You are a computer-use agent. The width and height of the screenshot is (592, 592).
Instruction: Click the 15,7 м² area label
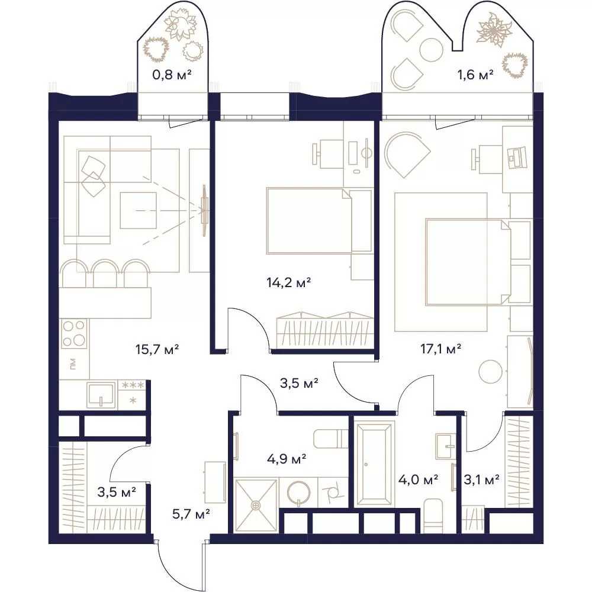coord(157,349)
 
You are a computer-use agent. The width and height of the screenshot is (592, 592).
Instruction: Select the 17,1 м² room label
coord(440,349)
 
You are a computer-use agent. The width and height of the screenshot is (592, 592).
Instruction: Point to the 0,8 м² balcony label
coord(172,75)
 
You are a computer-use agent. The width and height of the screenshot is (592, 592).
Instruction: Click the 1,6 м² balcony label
coord(475,75)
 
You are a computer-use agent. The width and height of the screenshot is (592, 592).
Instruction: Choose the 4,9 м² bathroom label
coord(286,459)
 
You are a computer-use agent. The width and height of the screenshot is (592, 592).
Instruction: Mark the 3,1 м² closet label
coord(481,480)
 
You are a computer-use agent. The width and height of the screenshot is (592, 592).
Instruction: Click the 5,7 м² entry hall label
coord(191,513)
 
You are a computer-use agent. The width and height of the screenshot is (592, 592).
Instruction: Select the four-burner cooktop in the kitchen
coord(74,334)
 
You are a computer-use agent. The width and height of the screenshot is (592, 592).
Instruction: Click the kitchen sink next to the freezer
coord(101,395)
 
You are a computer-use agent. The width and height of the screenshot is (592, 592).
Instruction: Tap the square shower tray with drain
coord(256,505)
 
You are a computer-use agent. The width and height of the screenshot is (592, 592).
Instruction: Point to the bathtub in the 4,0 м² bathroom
coord(374,464)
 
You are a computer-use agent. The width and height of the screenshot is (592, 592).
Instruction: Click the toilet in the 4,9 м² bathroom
coord(330,438)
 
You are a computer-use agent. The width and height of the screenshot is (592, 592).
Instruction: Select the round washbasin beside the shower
coord(298,493)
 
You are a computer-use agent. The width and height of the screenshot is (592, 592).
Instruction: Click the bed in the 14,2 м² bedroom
coord(319,220)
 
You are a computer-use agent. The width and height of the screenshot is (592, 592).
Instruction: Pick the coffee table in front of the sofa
coord(138,210)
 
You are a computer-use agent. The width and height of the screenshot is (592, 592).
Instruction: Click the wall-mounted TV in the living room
coord(204,210)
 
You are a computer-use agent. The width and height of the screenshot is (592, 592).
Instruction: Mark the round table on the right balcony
coord(431,50)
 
